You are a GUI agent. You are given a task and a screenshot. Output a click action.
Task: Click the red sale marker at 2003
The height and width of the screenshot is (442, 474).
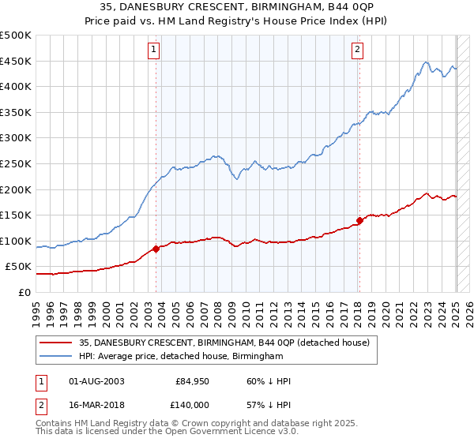156,249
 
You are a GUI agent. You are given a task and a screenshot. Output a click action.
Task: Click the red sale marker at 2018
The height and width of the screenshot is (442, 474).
359,220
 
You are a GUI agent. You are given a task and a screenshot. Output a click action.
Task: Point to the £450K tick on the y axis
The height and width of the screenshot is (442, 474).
16,61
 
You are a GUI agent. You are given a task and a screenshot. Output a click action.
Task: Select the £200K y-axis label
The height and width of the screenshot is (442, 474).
16,189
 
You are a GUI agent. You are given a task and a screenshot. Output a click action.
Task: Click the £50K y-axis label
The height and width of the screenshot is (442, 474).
19,267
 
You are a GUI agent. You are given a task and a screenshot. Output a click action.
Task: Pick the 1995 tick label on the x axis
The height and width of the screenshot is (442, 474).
36,309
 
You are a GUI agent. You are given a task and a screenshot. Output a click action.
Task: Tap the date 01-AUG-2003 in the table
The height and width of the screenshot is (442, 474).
97,381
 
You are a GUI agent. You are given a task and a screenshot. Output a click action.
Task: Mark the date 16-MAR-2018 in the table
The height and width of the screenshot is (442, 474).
97,404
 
